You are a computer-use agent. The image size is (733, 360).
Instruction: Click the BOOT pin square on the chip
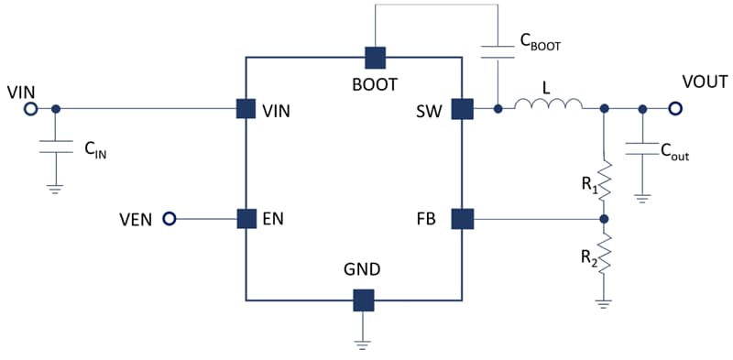(375, 57)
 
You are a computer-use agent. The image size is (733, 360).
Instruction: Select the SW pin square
(462, 109)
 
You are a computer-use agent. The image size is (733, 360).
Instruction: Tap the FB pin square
(462, 219)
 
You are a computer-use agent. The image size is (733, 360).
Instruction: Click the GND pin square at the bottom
(364, 300)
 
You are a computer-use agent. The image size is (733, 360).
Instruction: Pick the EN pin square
(246, 218)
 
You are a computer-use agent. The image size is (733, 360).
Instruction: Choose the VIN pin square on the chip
(246, 109)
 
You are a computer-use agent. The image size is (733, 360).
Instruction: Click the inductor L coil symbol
(547, 105)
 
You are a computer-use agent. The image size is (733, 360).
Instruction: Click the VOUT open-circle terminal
(675, 109)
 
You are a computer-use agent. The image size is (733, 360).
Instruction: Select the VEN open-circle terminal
(169, 218)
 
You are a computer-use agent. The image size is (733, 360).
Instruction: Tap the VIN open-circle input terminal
(29, 109)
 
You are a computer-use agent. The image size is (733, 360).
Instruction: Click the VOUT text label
(705, 83)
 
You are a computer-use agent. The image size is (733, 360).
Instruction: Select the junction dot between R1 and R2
(604, 219)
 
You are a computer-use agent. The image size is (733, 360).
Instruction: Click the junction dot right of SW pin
(498, 109)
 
